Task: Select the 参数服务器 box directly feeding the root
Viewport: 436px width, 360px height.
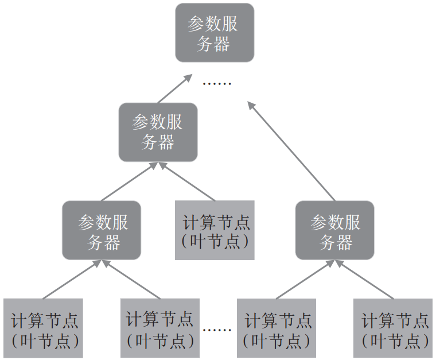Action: pos(158,132)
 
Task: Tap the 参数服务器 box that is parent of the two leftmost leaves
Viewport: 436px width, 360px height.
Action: pos(102,230)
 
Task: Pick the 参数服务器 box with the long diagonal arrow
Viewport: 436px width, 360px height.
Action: pos(335,230)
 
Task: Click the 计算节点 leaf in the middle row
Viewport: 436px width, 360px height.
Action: pos(215,230)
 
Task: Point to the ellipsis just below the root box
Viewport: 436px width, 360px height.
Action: pos(217,84)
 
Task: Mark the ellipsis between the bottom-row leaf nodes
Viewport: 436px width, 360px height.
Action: pos(217,330)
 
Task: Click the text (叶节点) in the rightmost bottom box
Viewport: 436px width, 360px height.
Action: pos(395,340)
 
